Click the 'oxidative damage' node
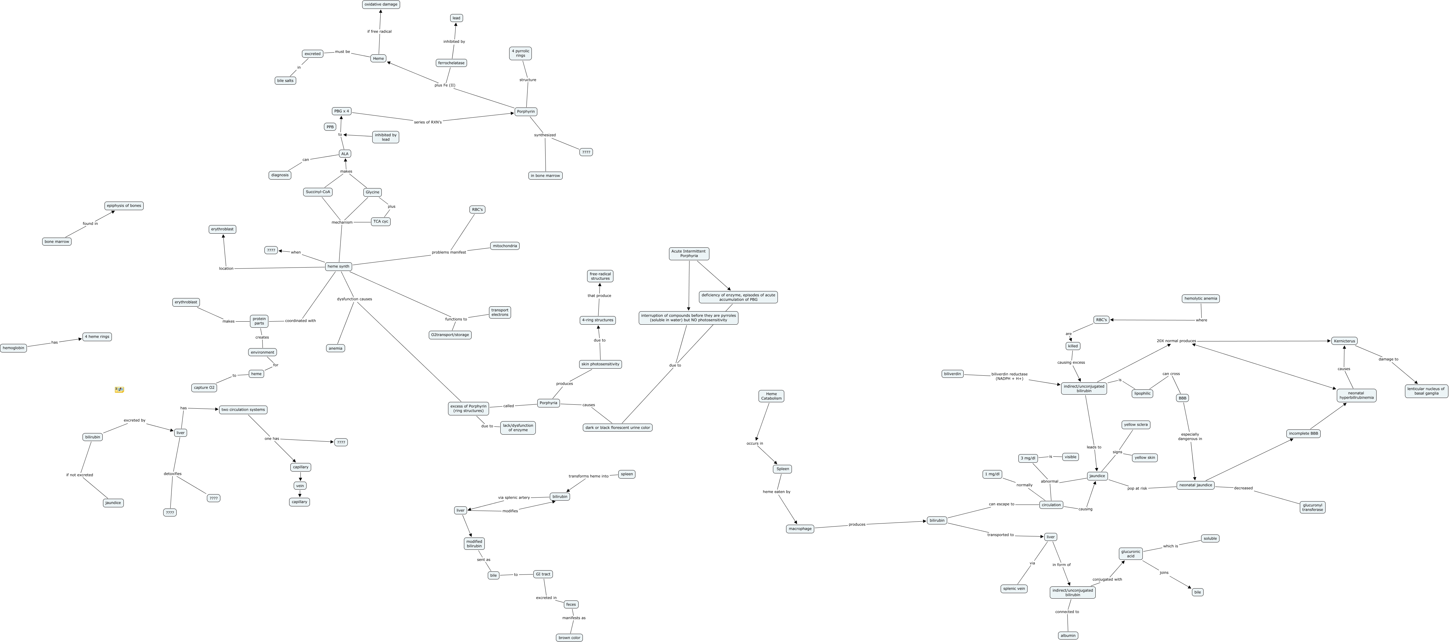(381, 5)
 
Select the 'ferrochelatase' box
(451, 63)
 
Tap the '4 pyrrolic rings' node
(520, 53)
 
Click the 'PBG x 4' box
(341, 111)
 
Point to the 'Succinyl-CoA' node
(318, 192)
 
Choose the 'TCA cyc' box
(381, 221)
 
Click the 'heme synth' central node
(339, 266)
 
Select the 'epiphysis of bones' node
(124, 206)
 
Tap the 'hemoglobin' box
(13, 348)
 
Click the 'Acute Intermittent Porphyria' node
(689, 254)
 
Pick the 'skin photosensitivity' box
(600, 364)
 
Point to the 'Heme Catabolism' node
(771, 396)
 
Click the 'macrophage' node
(800, 529)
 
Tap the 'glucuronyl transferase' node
(1312, 507)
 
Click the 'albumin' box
(1068, 636)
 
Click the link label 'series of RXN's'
(428, 122)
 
